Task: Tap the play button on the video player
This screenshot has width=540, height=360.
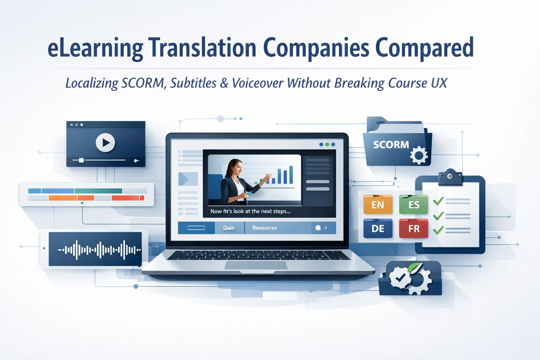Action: click(x=105, y=142)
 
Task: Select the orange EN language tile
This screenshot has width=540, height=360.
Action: click(x=378, y=205)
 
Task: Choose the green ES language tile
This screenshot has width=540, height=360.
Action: click(x=413, y=205)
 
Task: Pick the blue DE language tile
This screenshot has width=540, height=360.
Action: click(x=378, y=229)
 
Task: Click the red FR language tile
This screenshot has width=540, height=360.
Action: click(x=413, y=229)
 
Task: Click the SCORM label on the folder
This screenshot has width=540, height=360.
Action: click(x=391, y=145)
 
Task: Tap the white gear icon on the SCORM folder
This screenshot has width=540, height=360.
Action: click(x=419, y=155)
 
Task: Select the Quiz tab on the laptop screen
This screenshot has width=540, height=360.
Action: click(x=229, y=228)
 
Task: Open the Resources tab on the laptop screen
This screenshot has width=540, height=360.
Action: click(x=264, y=228)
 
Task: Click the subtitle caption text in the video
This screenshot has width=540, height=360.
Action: click(x=250, y=211)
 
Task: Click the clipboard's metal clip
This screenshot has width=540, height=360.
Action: click(x=450, y=177)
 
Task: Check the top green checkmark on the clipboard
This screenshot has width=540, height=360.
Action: click(x=438, y=201)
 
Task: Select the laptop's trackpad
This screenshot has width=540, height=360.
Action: click(x=256, y=265)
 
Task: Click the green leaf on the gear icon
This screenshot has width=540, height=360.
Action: click(x=415, y=268)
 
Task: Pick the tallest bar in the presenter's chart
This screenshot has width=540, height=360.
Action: click(x=291, y=175)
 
